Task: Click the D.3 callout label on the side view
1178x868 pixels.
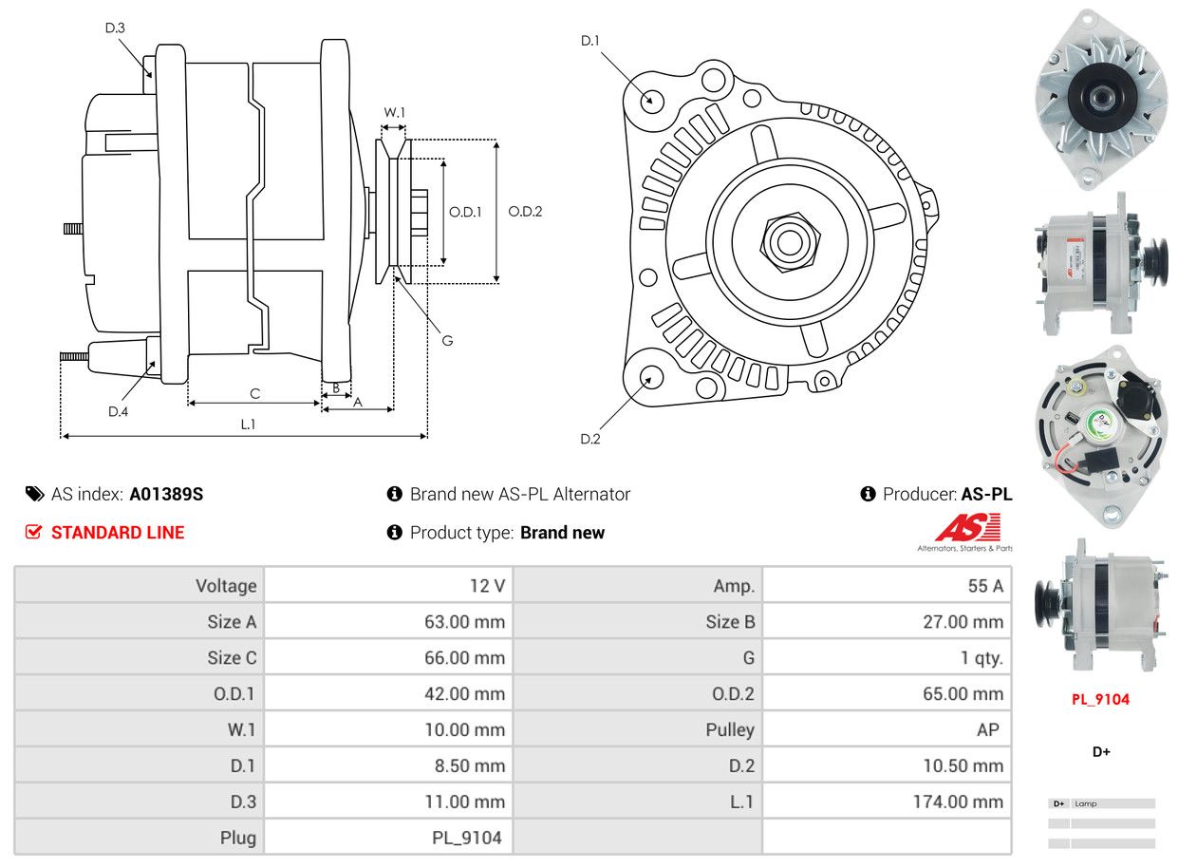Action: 115,28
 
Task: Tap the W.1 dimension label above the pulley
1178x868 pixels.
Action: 394,112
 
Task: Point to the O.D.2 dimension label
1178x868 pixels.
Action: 525,211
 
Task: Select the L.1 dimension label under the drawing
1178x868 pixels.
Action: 248,425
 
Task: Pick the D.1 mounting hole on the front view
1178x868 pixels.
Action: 651,100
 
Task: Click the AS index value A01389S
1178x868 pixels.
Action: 166,494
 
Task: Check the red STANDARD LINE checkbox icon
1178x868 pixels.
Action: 34,532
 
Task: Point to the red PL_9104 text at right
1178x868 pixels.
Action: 1101,700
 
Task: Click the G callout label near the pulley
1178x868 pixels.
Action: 447,340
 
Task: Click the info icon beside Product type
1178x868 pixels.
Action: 395,533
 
